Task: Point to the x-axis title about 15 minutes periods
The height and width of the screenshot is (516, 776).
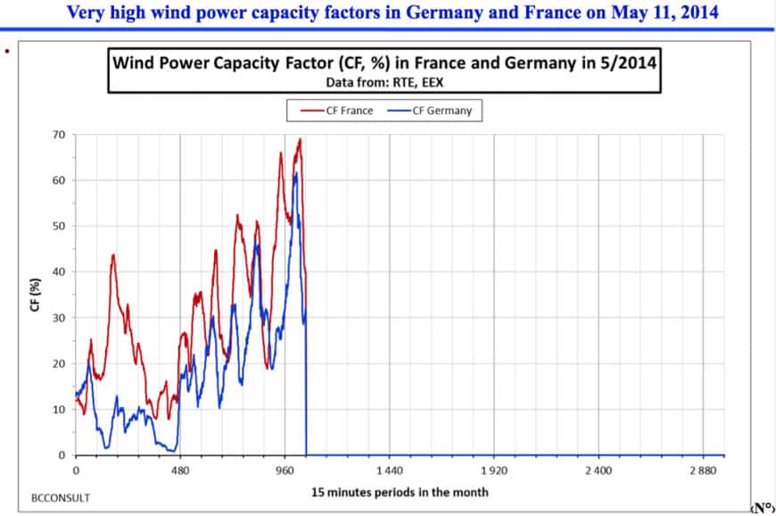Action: click(400, 492)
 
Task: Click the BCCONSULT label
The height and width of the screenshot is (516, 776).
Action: click(60, 497)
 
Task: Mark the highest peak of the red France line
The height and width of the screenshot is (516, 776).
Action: click(301, 138)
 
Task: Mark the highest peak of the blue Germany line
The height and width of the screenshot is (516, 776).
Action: click(295, 173)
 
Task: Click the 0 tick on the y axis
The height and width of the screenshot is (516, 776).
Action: click(62, 455)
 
